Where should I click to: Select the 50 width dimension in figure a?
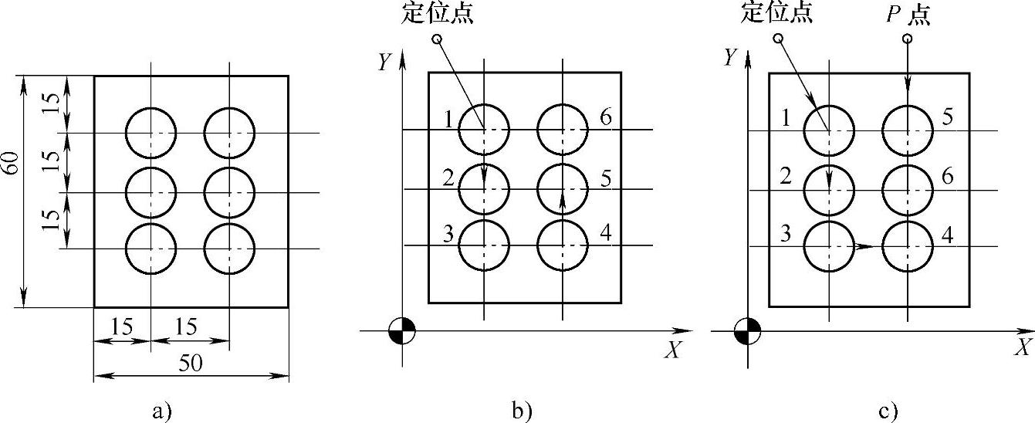point(191,366)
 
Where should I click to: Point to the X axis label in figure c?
point(1024,347)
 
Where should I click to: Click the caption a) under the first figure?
point(161,410)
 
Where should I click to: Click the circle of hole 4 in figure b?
point(563,245)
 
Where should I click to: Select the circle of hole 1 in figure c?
point(829,130)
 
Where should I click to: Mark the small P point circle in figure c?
point(908,39)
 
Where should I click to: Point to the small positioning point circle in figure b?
point(437,39)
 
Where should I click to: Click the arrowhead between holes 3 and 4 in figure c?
point(864,247)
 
